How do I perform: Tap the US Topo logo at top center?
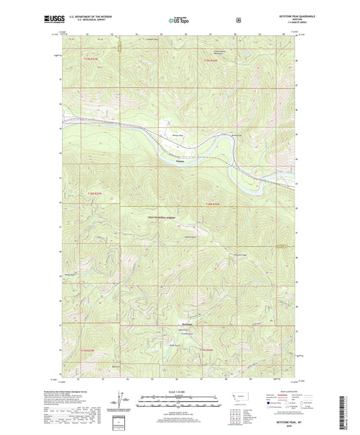tap(179, 20)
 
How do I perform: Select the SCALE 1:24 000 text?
tap(180, 392)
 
